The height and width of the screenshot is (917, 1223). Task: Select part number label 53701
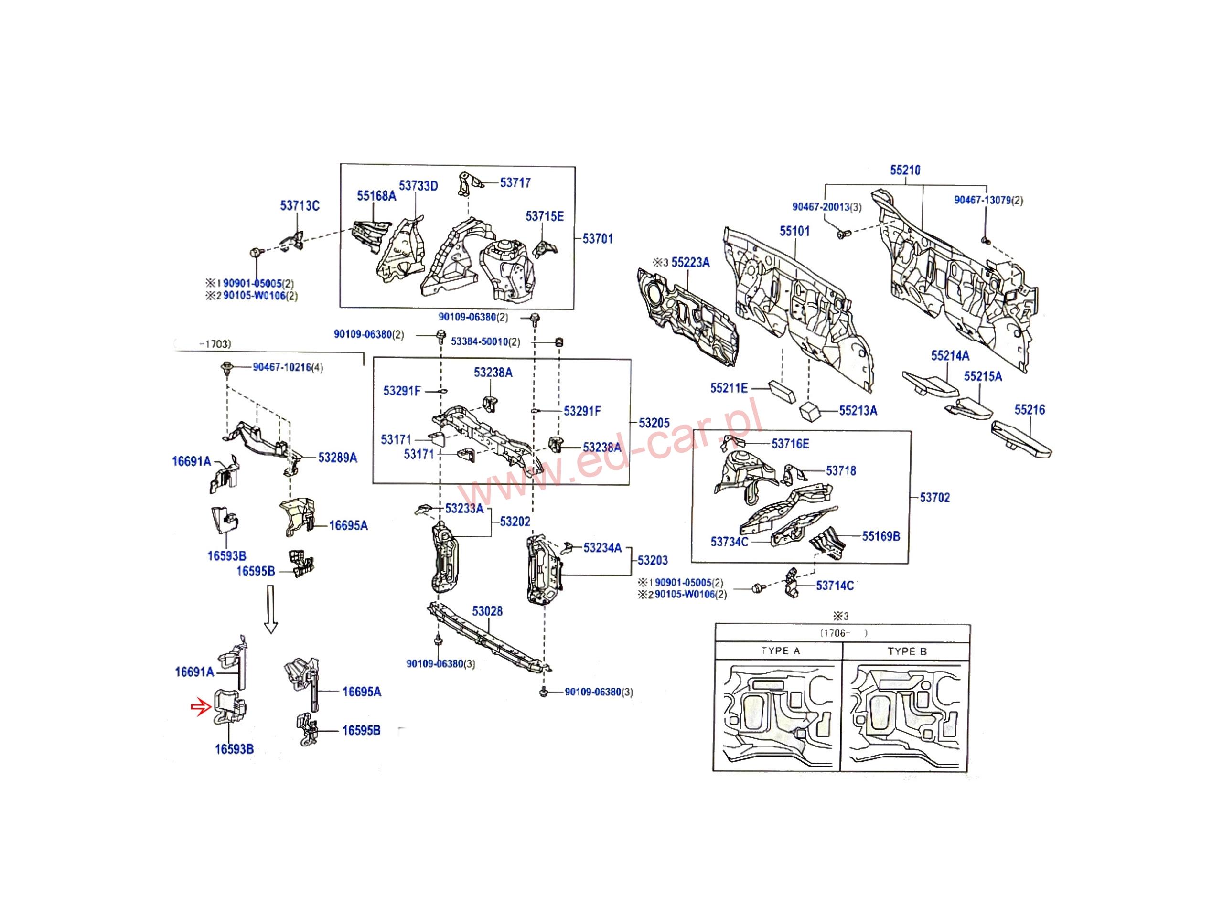[598, 239]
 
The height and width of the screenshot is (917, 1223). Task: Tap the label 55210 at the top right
[905, 170]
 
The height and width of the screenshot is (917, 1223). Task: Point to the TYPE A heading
[780, 650]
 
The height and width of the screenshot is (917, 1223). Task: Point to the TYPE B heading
[907, 651]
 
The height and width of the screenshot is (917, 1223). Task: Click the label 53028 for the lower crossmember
[487, 611]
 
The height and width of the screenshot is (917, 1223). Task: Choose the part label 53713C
[300, 206]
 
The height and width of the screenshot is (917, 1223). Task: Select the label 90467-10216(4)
[288, 368]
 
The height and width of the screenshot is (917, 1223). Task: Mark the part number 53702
[934, 498]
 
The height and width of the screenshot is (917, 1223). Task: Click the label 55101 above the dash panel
[794, 231]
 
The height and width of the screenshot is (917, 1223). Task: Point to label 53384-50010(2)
[485, 342]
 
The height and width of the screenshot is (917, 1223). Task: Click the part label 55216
[1030, 410]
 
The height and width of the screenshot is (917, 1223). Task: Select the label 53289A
[337, 458]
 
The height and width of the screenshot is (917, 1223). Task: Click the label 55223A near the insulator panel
[690, 263]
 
